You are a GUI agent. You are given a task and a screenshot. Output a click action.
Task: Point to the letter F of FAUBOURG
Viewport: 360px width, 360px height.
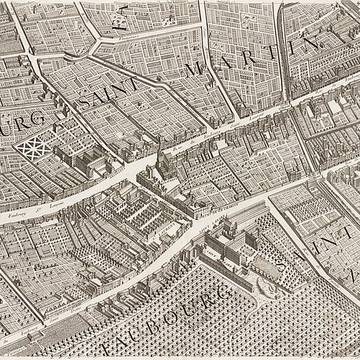[90, 345]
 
